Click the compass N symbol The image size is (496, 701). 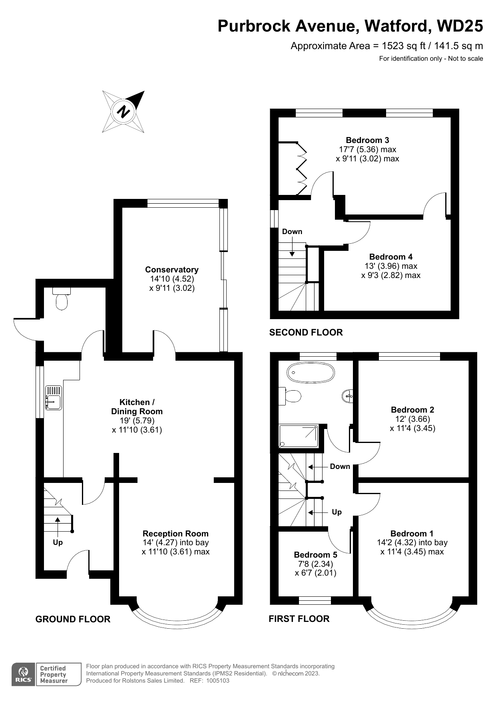coord(124,111)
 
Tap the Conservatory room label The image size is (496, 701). coord(172,270)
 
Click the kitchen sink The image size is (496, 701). coord(54,397)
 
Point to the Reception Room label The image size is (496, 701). coord(175,534)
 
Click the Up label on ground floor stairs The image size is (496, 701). coord(58,542)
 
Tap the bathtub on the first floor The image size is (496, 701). coord(311,373)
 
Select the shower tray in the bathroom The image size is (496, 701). coord(299,436)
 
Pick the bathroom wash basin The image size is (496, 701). coord(347,396)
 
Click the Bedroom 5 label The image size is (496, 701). coord(315,555)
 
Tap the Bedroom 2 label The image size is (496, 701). coord(412,410)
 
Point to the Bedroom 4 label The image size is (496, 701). coord(391,257)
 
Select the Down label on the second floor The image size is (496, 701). coord(292,232)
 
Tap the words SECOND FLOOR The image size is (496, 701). coord(306,332)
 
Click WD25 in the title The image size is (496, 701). coord(460,26)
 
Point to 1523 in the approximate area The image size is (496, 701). coord(393,46)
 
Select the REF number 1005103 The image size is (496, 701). coord(218,681)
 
